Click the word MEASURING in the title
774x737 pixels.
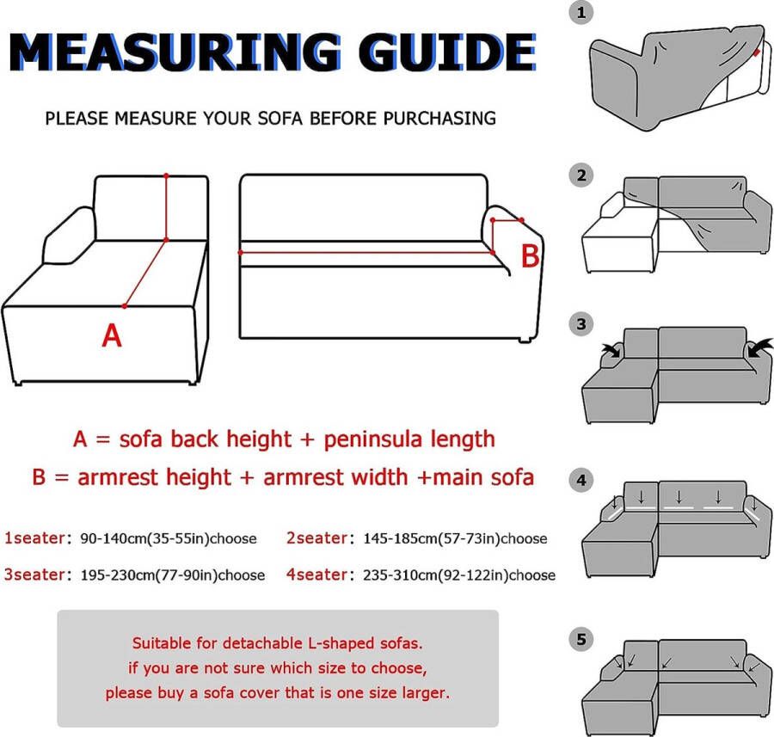tap(175, 52)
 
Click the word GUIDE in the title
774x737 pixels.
tap(447, 52)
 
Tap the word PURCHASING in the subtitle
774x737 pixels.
tap(439, 119)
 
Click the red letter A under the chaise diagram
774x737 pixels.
tap(112, 335)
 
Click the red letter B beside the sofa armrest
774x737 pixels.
tap(531, 255)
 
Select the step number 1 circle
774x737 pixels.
tap(581, 13)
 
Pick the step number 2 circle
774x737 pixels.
tap(581, 175)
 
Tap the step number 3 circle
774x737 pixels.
tap(581, 324)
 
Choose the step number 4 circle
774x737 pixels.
tap(581, 481)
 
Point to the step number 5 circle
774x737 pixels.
tap(581, 640)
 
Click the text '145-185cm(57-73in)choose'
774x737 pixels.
tap(455, 538)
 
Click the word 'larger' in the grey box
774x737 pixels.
tap(426, 692)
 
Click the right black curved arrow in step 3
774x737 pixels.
tap(759, 347)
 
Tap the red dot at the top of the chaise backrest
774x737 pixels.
tap(166, 175)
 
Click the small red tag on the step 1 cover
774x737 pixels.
tap(757, 52)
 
